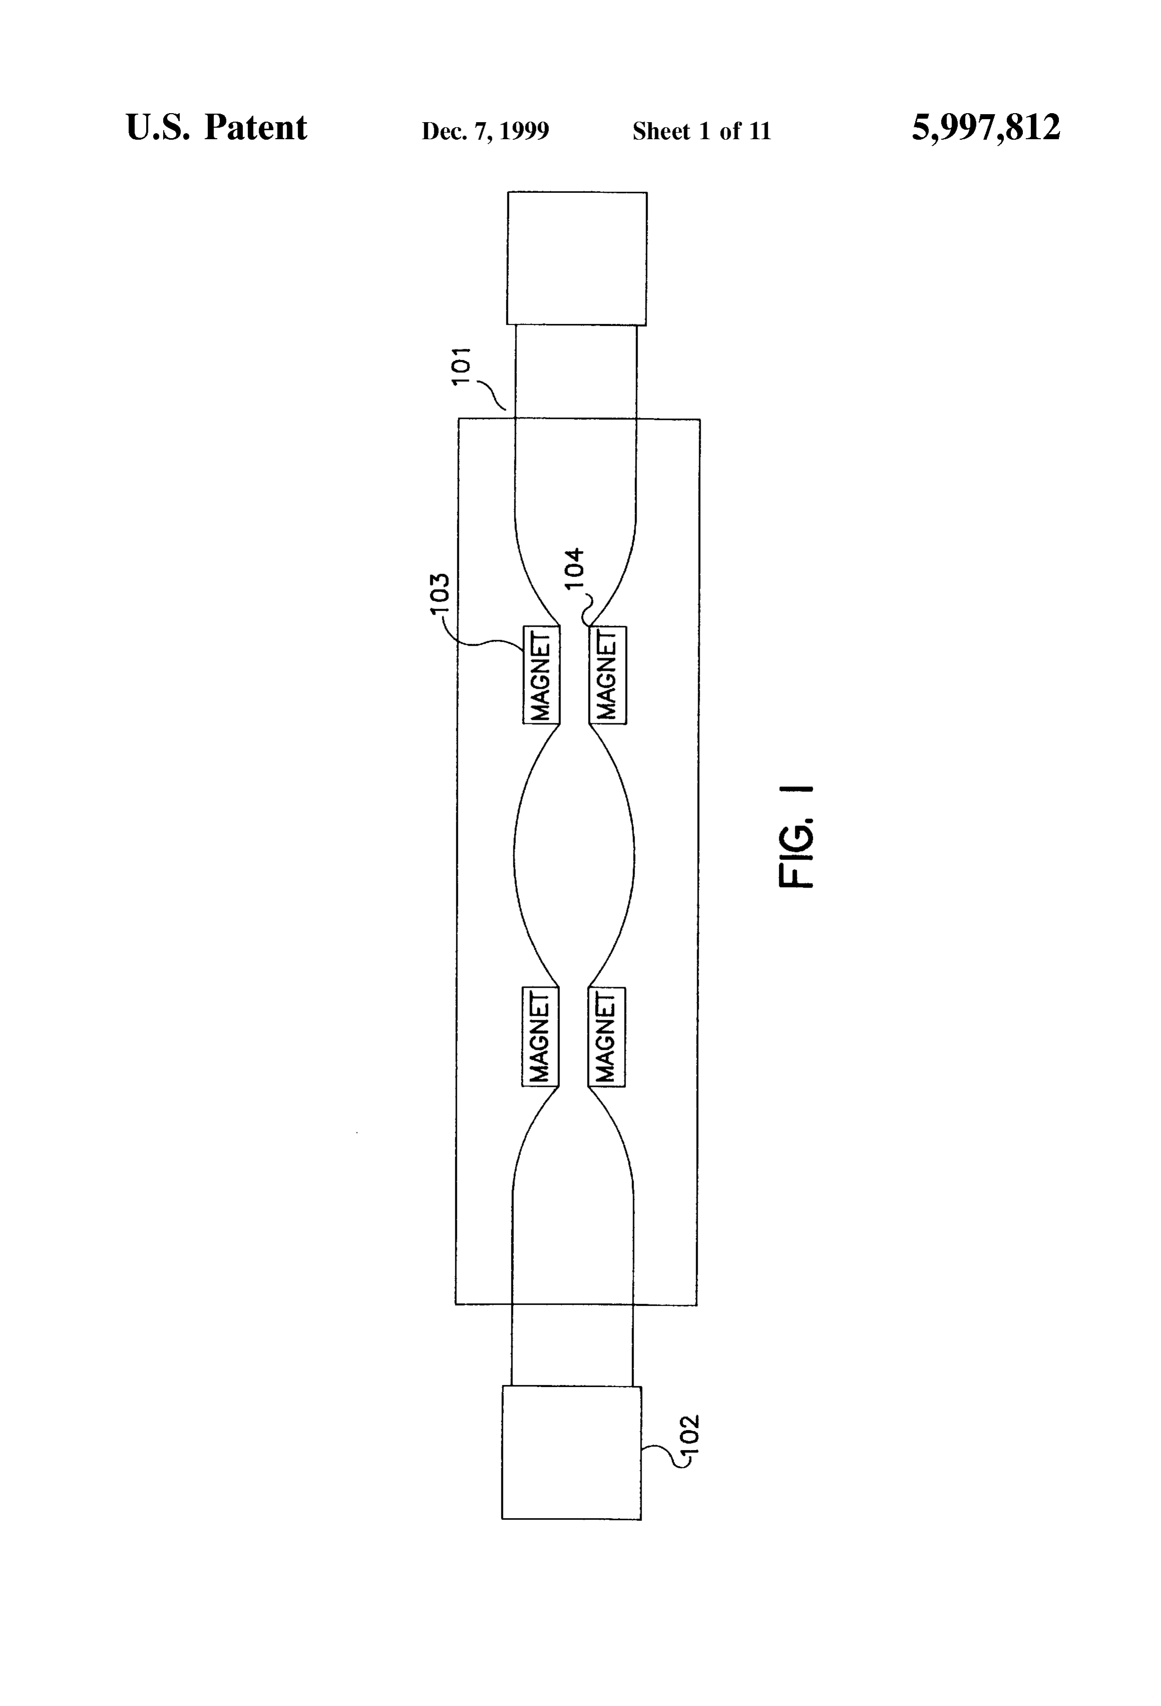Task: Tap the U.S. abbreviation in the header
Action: tap(157, 128)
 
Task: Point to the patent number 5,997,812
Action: tap(986, 128)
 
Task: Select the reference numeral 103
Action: tap(439, 598)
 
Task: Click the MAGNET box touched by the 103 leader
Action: tap(541, 675)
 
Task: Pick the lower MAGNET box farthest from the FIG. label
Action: tap(540, 1037)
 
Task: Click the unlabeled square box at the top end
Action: tap(577, 258)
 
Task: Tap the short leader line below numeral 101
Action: tap(492, 395)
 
